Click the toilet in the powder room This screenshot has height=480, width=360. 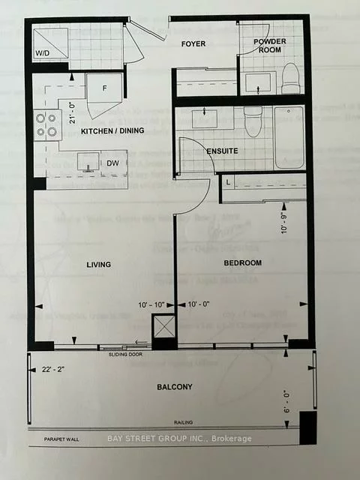click(290, 75)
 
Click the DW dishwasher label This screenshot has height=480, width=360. click(113, 163)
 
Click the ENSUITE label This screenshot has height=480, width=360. click(223, 151)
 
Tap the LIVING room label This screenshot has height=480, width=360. click(98, 264)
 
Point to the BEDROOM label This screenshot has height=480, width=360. click(241, 262)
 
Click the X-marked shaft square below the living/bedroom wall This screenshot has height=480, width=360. click(163, 327)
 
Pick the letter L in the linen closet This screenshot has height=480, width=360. click(227, 182)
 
